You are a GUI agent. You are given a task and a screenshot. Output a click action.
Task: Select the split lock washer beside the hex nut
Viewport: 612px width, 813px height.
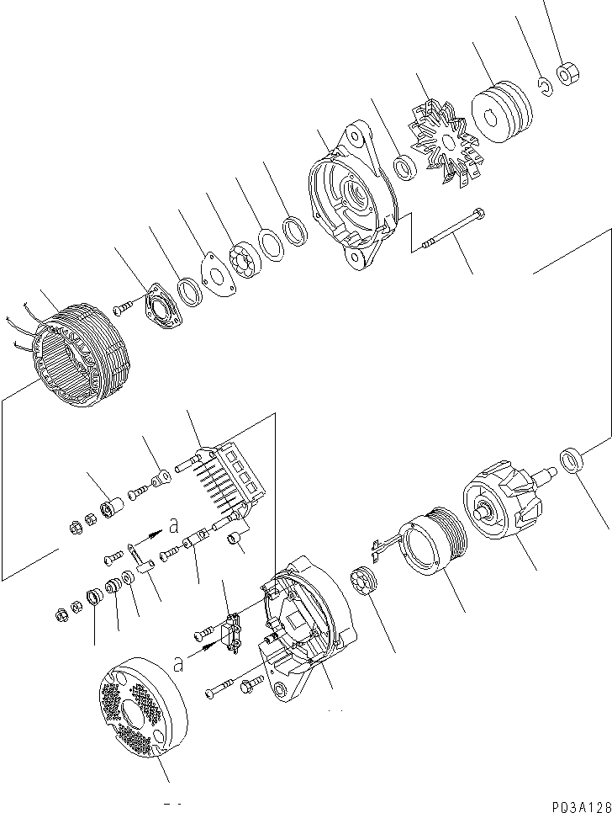pos(545,84)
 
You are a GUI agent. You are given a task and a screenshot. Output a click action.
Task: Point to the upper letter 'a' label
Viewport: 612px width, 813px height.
pos(173,524)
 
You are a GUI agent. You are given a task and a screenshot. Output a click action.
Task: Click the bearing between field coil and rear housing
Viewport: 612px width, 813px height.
pos(364,582)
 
